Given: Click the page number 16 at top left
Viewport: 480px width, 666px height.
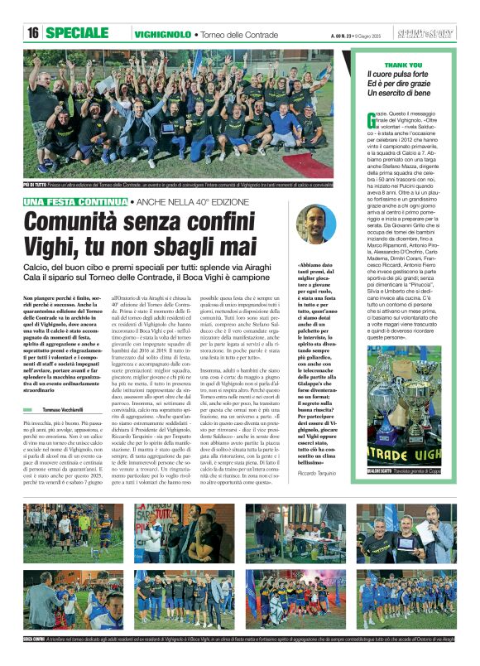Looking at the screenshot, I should pyautogui.click(x=33, y=33).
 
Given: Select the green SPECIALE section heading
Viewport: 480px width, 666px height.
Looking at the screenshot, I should pyautogui.click(x=82, y=33).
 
